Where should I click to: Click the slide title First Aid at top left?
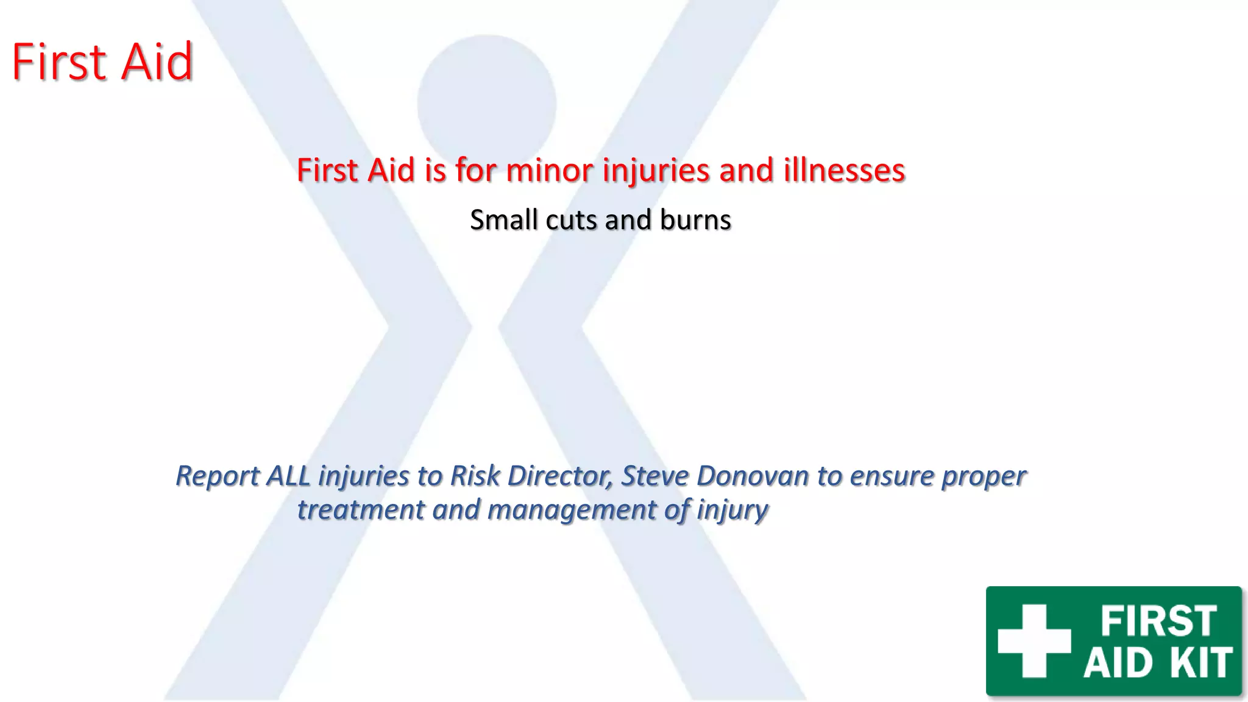pyautogui.click(x=102, y=62)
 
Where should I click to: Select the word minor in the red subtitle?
pyautogui.click(x=549, y=170)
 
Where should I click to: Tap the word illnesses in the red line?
pyautogui.click(x=844, y=170)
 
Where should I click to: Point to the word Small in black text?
pyautogui.click(x=503, y=220)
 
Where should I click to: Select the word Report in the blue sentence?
pyautogui.click(x=218, y=476)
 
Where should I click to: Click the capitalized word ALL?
pyautogui.click(x=289, y=476)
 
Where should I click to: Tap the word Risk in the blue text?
pyautogui.click(x=475, y=476)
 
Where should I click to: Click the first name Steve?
pyautogui.click(x=655, y=476)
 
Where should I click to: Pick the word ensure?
pyautogui.click(x=892, y=476)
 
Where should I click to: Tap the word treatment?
pyautogui.click(x=360, y=509)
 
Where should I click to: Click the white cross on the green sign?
pyautogui.click(x=1034, y=640)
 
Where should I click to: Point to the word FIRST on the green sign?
pyautogui.click(x=1158, y=621)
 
